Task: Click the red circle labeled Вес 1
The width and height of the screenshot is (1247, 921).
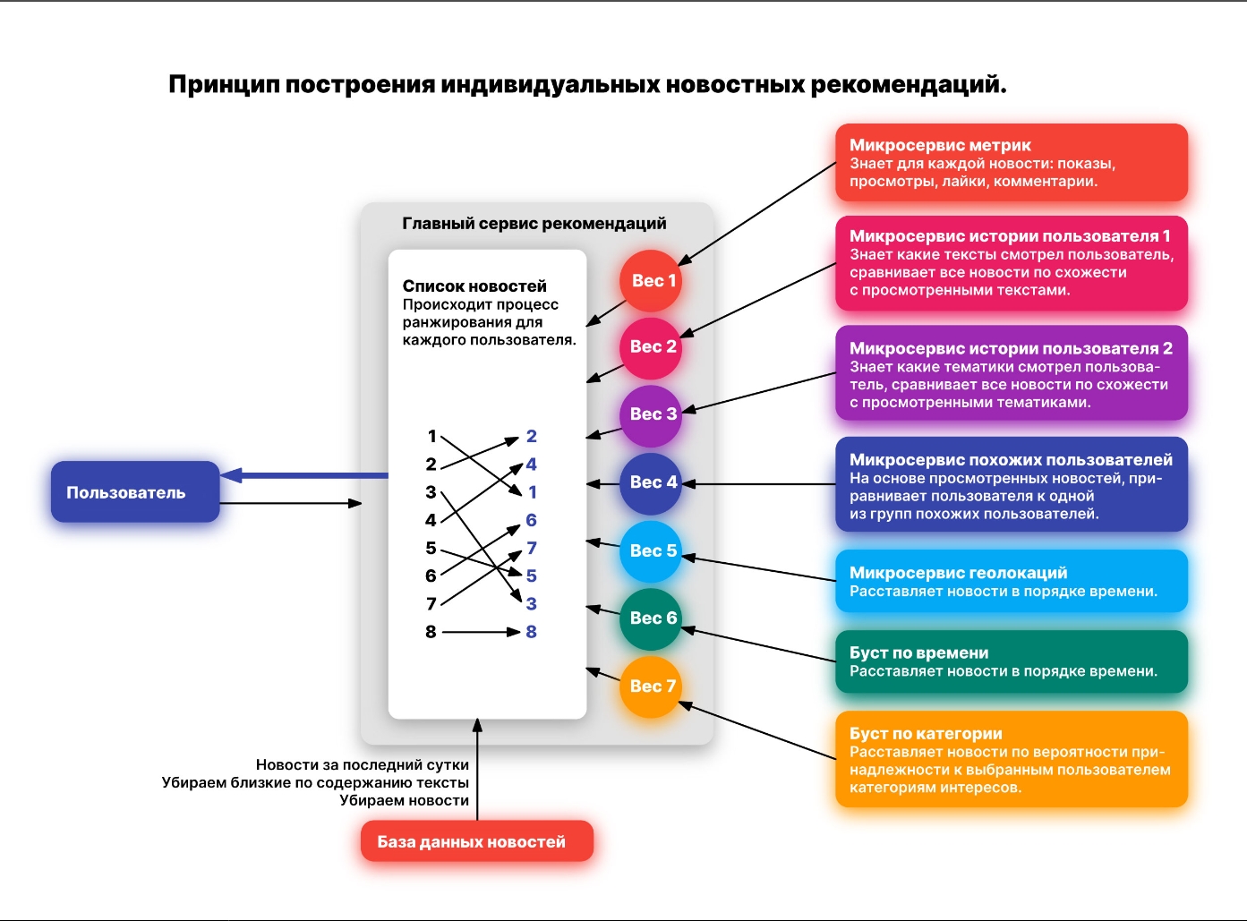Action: point(651,280)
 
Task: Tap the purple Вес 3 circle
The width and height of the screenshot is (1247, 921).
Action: point(651,414)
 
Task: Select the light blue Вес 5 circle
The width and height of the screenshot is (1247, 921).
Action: point(651,550)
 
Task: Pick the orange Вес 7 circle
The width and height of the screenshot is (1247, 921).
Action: point(651,686)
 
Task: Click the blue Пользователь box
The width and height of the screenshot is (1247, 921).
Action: point(135,492)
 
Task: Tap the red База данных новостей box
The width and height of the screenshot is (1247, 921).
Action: point(477,841)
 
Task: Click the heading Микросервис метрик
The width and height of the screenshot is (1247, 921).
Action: point(940,145)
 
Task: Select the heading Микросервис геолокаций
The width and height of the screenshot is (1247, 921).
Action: point(958,573)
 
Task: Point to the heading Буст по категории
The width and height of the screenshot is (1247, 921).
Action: point(926,733)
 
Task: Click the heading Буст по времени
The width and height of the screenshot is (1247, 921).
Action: point(918,652)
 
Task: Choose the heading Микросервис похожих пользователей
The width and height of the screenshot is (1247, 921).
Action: point(1011,460)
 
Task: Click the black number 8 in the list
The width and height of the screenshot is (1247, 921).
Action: point(431,632)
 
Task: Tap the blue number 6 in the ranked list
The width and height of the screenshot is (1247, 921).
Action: point(531,520)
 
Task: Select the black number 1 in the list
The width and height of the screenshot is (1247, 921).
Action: point(431,436)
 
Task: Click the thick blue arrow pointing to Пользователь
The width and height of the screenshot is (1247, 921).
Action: point(304,475)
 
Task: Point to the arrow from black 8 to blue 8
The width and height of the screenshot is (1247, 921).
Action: point(482,632)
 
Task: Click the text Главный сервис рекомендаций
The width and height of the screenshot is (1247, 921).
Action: point(534,224)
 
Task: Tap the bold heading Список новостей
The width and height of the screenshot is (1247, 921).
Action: point(474,286)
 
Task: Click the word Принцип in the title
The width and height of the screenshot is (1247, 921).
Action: point(224,85)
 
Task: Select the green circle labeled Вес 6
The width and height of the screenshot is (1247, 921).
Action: point(651,618)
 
